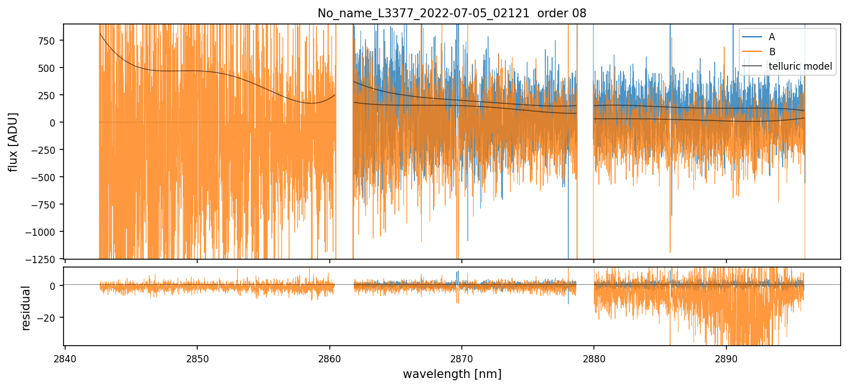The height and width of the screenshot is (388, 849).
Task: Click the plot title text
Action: (x=452, y=13)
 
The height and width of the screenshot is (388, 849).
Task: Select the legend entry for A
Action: (x=772, y=37)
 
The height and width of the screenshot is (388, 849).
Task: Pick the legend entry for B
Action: (x=772, y=52)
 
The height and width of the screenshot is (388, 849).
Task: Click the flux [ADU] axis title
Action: (x=13, y=142)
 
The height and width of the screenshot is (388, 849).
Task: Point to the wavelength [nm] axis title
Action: (x=452, y=374)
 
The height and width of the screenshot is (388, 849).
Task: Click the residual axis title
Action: (x=26, y=308)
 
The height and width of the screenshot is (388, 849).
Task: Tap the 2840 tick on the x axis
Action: (x=65, y=357)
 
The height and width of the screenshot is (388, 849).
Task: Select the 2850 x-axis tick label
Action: (x=197, y=357)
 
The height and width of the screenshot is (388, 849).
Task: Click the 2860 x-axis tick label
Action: (x=329, y=357)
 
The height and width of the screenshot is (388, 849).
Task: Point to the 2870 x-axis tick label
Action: (x=461, y=357)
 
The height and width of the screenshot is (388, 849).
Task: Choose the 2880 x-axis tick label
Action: (x=593, y=357)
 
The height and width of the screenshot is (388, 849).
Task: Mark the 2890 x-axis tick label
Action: (x=726, y=357)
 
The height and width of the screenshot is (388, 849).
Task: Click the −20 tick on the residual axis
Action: (x=49, y=318)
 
